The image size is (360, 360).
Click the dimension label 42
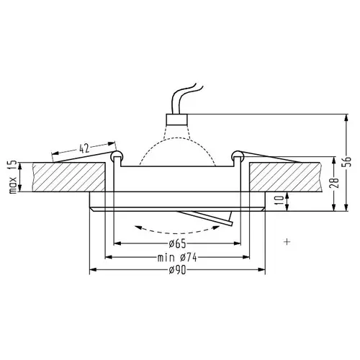(x=84, y=148)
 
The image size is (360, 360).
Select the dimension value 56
(x=348, y=161)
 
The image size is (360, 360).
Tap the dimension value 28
(x=336, y=183)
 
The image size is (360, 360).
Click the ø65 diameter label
(x=177, y=244)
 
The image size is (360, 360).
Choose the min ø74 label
(x=177, y=258)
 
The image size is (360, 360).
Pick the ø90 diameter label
(x=177, y=271)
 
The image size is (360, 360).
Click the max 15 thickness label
(x=12, y=176)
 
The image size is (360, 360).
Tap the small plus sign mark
(x=287, y=241)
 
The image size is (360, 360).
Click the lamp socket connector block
(x=177, y=120)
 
